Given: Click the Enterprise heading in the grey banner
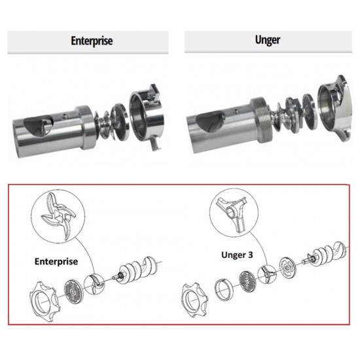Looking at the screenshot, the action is [92, 41].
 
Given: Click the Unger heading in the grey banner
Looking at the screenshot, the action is [268, 40].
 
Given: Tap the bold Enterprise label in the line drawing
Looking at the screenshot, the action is [56, 262].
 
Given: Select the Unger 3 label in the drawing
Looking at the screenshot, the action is [237, 255].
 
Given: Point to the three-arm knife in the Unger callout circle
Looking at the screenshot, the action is [234, 213].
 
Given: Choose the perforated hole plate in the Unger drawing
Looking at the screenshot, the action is [247, 279].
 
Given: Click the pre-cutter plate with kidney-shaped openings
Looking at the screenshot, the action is [288, 268].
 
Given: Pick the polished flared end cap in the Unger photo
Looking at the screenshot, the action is [334, 108].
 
